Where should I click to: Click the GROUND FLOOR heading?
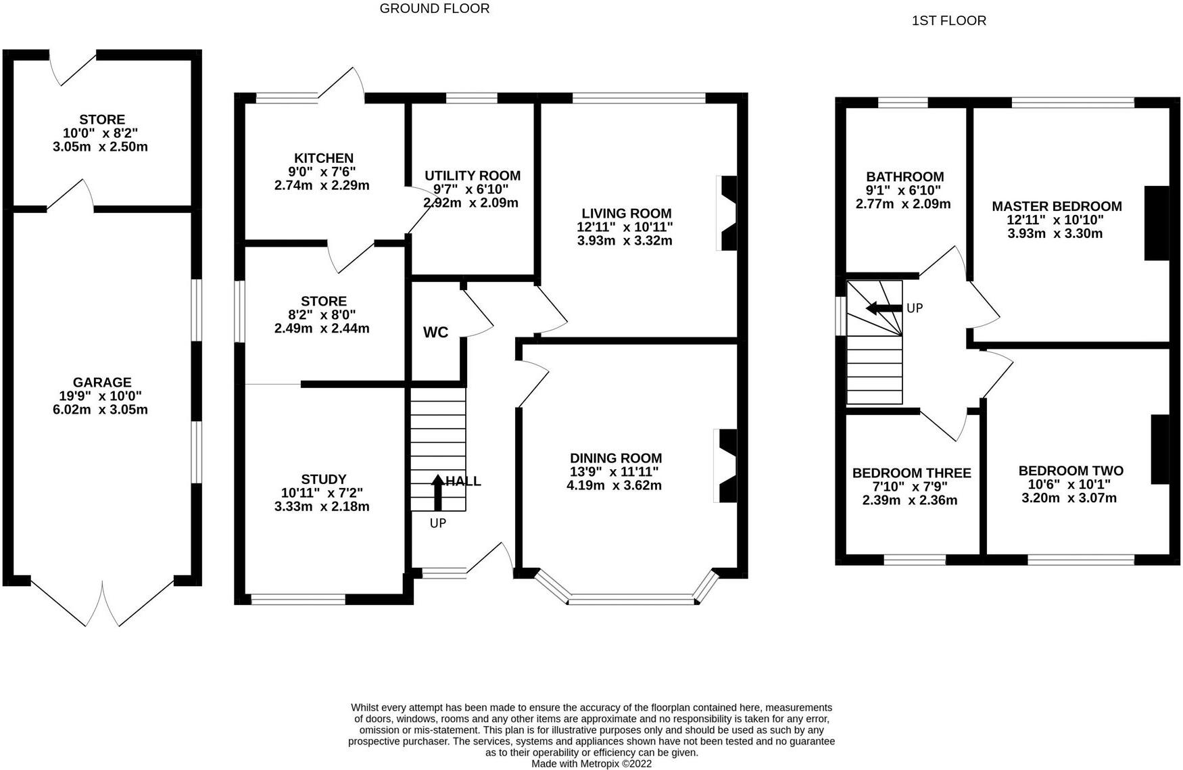[x=435, y=9]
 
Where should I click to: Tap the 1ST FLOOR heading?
[x=948, y=21]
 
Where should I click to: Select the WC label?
[x=435, y=333]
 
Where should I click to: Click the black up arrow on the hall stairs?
[x=437, y=491]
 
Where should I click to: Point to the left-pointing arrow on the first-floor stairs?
[x=883, y=308]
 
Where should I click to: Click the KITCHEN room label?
[x=322, y=158]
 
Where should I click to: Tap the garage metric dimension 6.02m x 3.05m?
[x=100, y=410]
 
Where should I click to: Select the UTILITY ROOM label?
[x=472, y=176]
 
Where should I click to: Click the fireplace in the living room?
[x=727, y=214]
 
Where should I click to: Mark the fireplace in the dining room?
[x=726, y=466]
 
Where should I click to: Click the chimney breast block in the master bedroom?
[x=1156, y=223]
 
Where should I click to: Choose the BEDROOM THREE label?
[x=911, y=473]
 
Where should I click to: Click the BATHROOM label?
[x=904, y=177]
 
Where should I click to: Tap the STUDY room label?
[x=323, y=479]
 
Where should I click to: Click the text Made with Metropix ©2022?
[x=591, y=764]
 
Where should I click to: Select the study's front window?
[x=297, y=599]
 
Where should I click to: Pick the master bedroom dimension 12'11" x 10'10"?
[x=1055, y=220]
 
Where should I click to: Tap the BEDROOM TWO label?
[x=1071, y=471]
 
